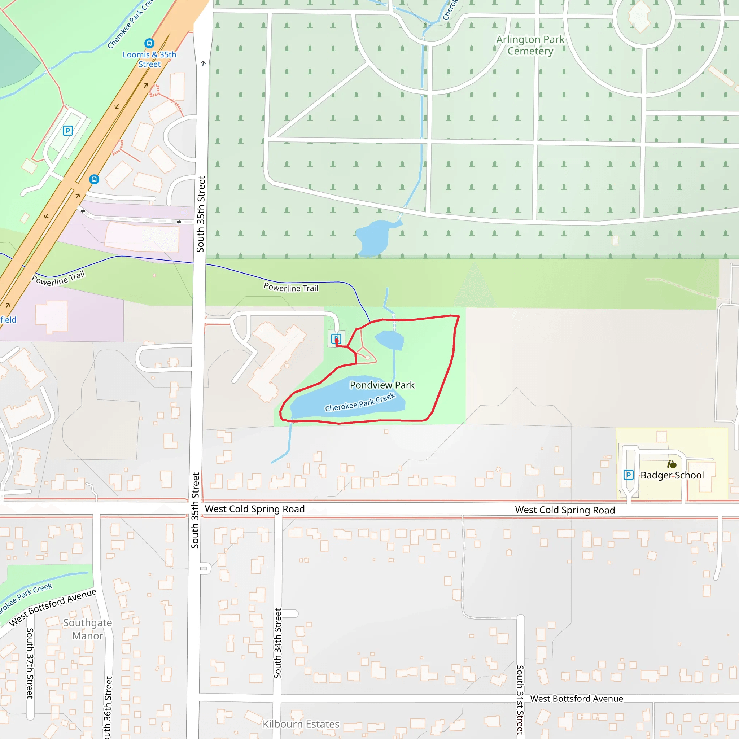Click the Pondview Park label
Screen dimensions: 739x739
(x=382, y=385)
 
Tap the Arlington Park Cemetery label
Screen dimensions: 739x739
(x=530, y=45)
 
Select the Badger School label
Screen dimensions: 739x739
(x=672, y=475)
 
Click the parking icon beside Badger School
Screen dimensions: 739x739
(x=628, y=475)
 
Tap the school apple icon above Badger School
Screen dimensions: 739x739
(x=672, y=464)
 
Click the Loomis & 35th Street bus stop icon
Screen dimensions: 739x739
(x=149, y=43)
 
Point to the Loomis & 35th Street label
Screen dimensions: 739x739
(x=149, y=59)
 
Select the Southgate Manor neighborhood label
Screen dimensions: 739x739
(x=88, y=629)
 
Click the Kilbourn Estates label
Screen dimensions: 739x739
(x=301, y=724)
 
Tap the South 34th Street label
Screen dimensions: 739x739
(x=278, y=643)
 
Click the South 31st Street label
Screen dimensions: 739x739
(x=520, y=699)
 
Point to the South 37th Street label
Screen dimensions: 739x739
(x=30, y=663)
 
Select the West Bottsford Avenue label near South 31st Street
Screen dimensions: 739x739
(x=576, y=699)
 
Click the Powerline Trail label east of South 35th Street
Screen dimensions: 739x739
(x=291, y=288)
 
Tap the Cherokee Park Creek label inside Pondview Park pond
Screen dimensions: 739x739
(x=359, y=402)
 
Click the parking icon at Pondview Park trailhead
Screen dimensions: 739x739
(x=336, y=338)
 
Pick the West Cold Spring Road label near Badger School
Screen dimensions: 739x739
(x=565, y=510)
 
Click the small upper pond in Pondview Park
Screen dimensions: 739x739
(x=390, y=340)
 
